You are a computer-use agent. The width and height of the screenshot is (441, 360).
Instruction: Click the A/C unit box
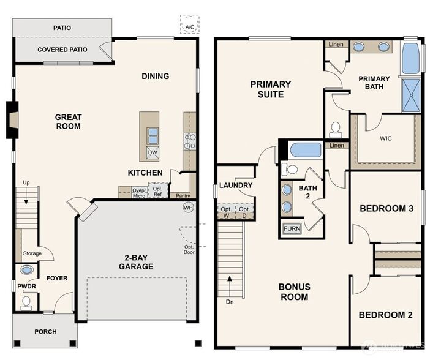pos(189,25)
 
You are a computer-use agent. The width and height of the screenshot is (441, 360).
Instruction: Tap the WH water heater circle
pos(189,208)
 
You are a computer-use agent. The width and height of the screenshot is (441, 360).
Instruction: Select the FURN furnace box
pos(292,230)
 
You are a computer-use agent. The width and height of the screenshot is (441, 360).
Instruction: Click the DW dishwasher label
pos(153,152)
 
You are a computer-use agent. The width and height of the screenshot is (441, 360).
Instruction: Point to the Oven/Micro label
pos(139,192)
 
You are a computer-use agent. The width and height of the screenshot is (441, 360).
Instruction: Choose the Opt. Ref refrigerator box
pos(158,192)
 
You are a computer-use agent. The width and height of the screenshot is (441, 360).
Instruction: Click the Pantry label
pos(183,196)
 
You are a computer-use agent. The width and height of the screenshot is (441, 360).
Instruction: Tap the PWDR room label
pos(25,285)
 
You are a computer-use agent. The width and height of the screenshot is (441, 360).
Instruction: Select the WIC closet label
pos(385,138)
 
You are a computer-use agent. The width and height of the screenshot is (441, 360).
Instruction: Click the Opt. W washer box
pos(227,212)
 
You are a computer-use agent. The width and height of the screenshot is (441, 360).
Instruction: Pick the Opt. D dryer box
pos(245,212)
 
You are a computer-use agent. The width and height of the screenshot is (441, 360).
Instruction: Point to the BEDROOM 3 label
pos(386,209)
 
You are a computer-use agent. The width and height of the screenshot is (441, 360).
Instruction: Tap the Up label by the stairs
pos(26,183)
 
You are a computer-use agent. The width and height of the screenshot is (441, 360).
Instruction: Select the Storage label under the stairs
pos(32,253)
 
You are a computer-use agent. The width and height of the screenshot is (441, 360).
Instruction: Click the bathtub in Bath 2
pos(305,150)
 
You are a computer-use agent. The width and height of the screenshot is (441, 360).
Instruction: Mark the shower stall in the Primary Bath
pos(411,96)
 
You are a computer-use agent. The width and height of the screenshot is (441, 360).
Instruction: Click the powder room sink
pos(27,270)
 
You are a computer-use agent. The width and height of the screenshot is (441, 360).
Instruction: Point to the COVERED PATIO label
pos(62,50)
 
